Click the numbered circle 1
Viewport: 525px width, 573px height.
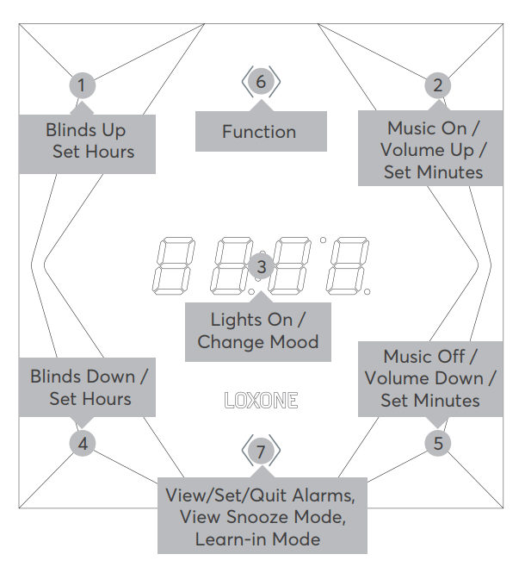click(x=82, y=84)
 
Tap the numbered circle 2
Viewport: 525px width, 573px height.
click(x=438, y=84)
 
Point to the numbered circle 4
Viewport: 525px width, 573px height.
click(x=82, y=444)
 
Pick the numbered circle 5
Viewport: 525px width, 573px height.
click(x=438, y=444)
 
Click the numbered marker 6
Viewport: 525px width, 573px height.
click(x=262, y=82)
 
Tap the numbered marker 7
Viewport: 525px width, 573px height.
click(x=262, y=451)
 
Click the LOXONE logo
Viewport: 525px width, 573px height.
click(x=261, y=401)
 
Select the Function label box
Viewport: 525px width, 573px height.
click(x=259, y=132)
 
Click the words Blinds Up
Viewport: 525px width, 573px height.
click(x=86, y=130)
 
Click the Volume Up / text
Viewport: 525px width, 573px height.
click(x=433, y=150)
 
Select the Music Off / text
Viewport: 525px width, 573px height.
click(x=430, y=356)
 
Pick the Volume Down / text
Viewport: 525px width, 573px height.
click(x=430, y=378)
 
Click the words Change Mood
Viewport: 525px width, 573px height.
click(x=258, y=342)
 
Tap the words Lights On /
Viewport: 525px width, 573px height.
click(x=258, y=320)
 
